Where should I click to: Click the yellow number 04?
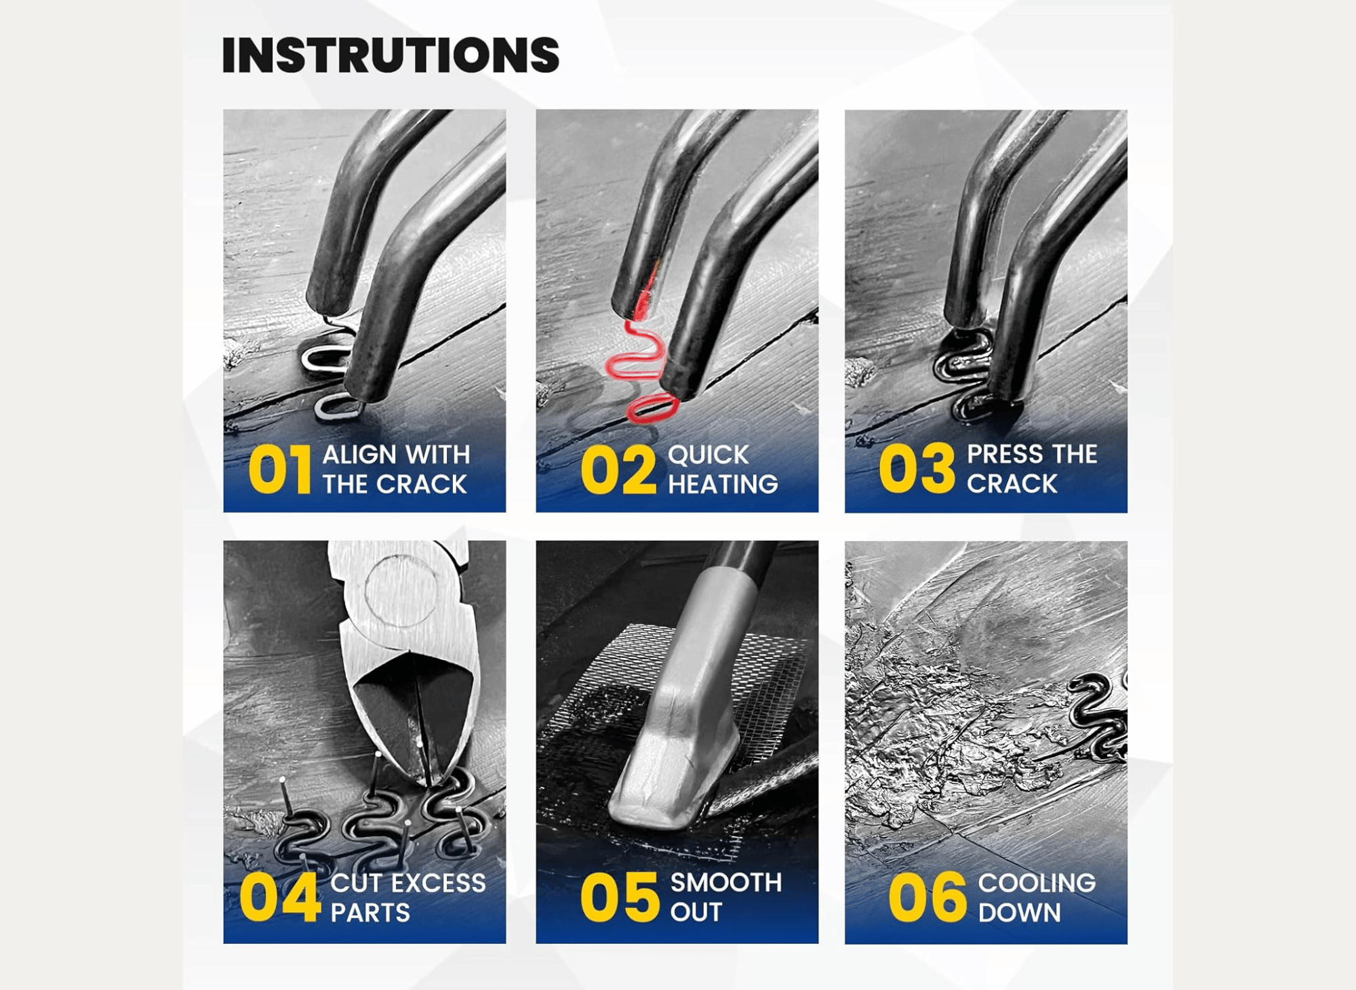[280, 897]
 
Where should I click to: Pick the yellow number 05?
[620, 897]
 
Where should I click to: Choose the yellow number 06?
[927, 897]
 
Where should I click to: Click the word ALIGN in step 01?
[359, 454]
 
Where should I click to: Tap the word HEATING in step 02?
[723, 484]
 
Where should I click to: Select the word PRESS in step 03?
[1005, 453]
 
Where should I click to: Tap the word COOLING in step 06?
[1037, 882]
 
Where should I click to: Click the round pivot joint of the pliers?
[401, 590]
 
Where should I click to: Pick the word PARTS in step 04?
[370, 912]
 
